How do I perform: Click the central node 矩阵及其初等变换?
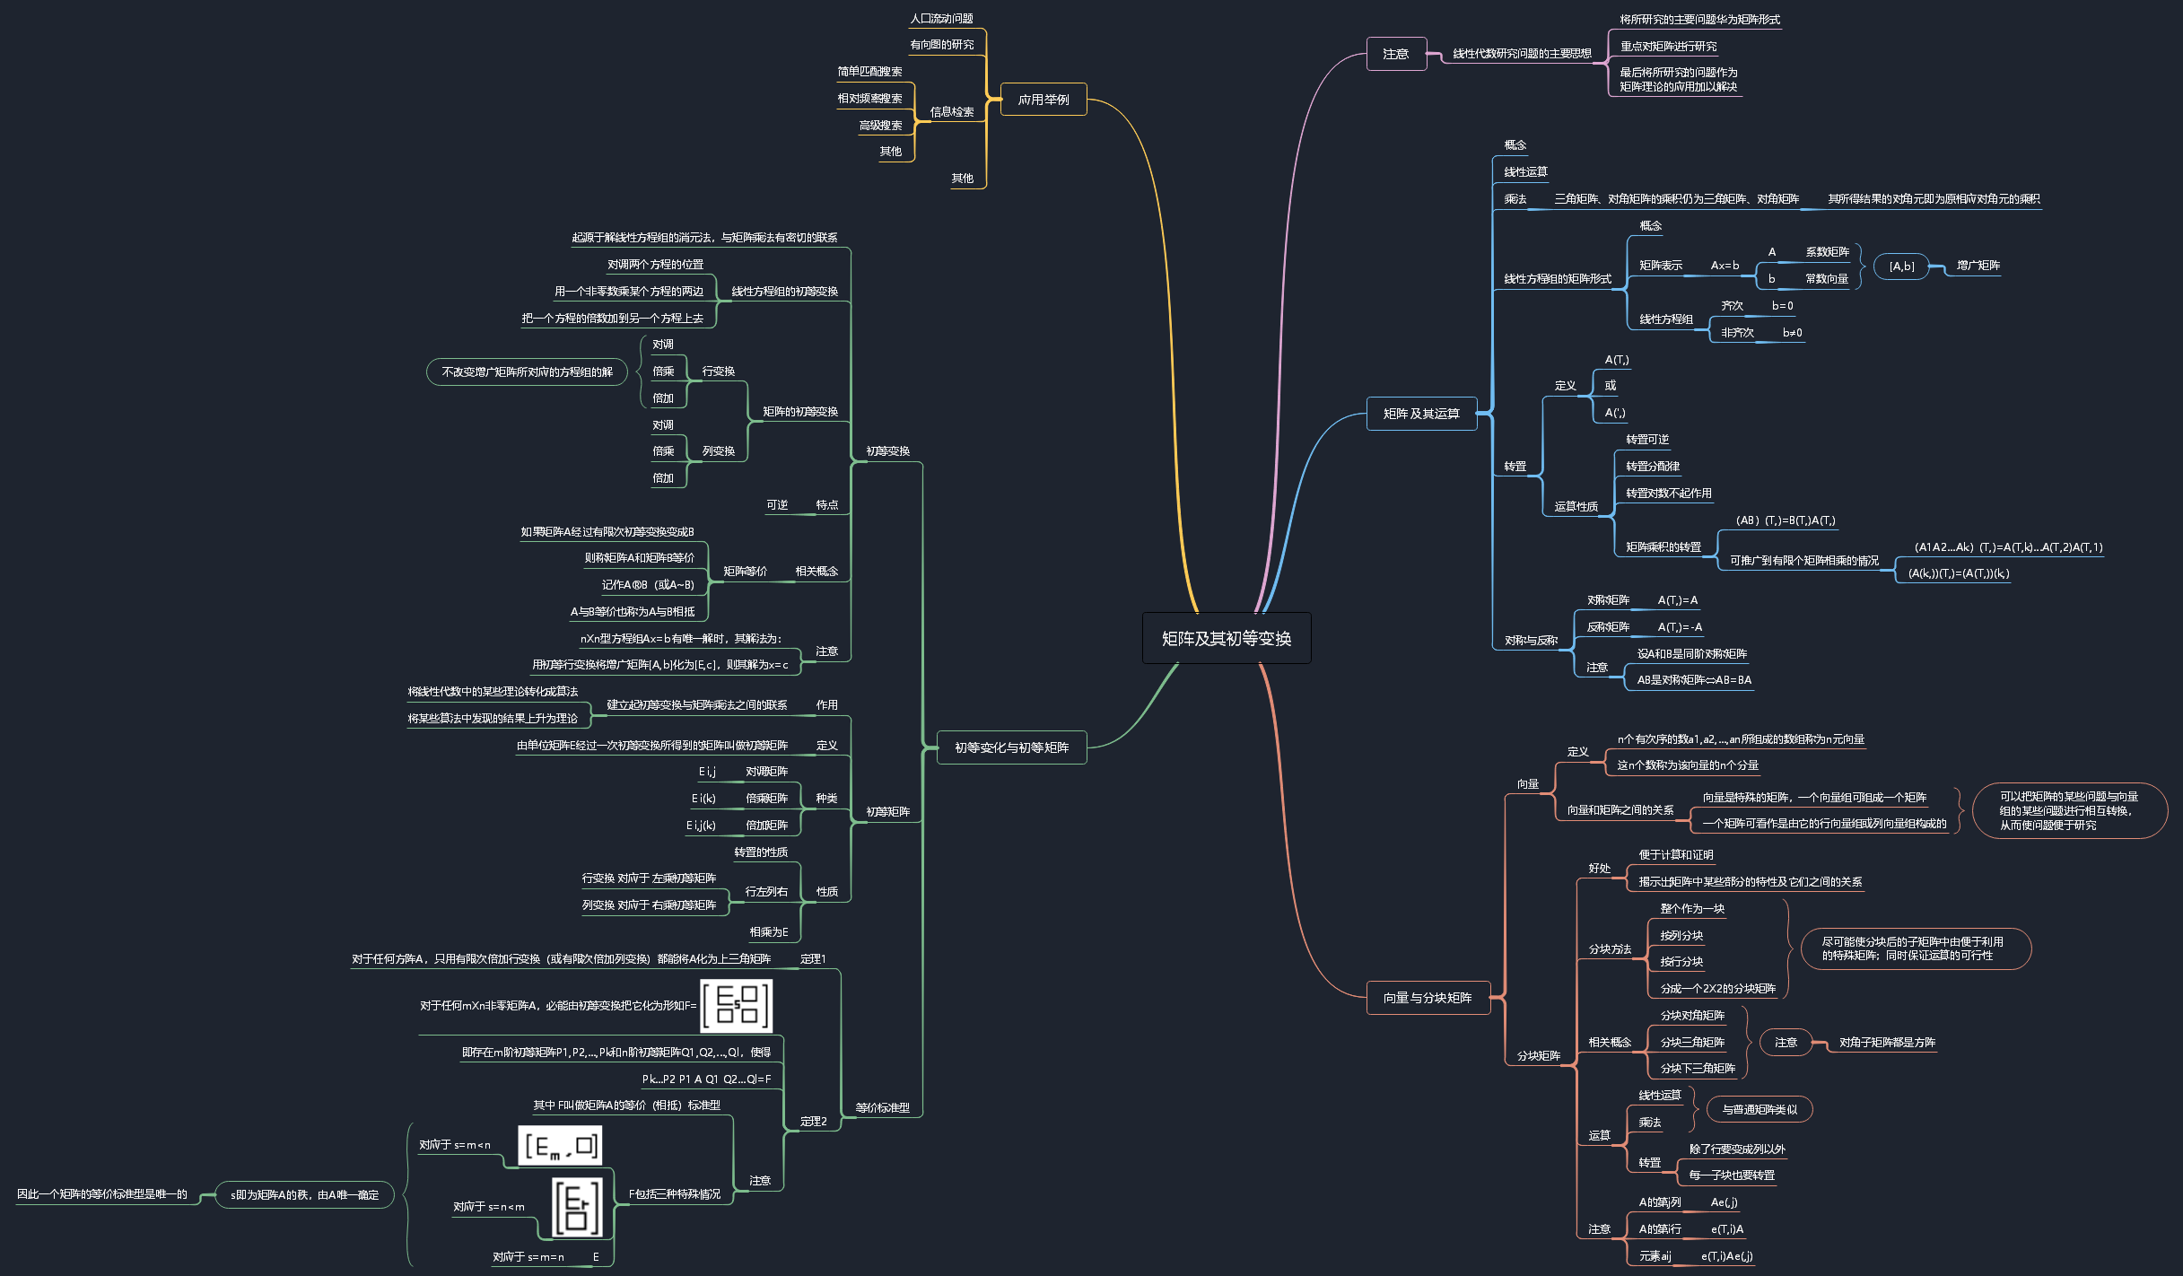[1226, 638]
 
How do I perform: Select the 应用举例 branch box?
[1043, 100]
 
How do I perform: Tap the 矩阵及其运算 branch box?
[1421, 414]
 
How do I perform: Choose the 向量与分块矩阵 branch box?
[1427, 998]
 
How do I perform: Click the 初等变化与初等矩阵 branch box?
[1011, 747]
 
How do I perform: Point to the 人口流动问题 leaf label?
[941, 19]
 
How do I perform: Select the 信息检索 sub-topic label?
[951, 112]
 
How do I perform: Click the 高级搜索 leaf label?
[880, 126]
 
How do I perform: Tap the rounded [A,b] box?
[1901, 267]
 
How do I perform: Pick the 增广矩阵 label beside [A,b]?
[1978, 266]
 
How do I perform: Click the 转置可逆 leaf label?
[1647, 440]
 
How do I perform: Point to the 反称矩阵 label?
[1608, 627]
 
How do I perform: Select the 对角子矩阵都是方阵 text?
[1887, 1043]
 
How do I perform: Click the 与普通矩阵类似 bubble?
[1759, 1110]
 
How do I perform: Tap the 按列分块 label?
[1681, 936]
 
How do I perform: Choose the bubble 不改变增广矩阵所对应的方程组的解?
[527, 371]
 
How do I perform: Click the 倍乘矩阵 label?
[766, 799]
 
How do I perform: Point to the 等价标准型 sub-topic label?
[882, 1108]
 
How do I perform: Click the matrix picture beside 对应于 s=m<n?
[560, 1146]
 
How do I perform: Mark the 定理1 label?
[813, 959]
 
